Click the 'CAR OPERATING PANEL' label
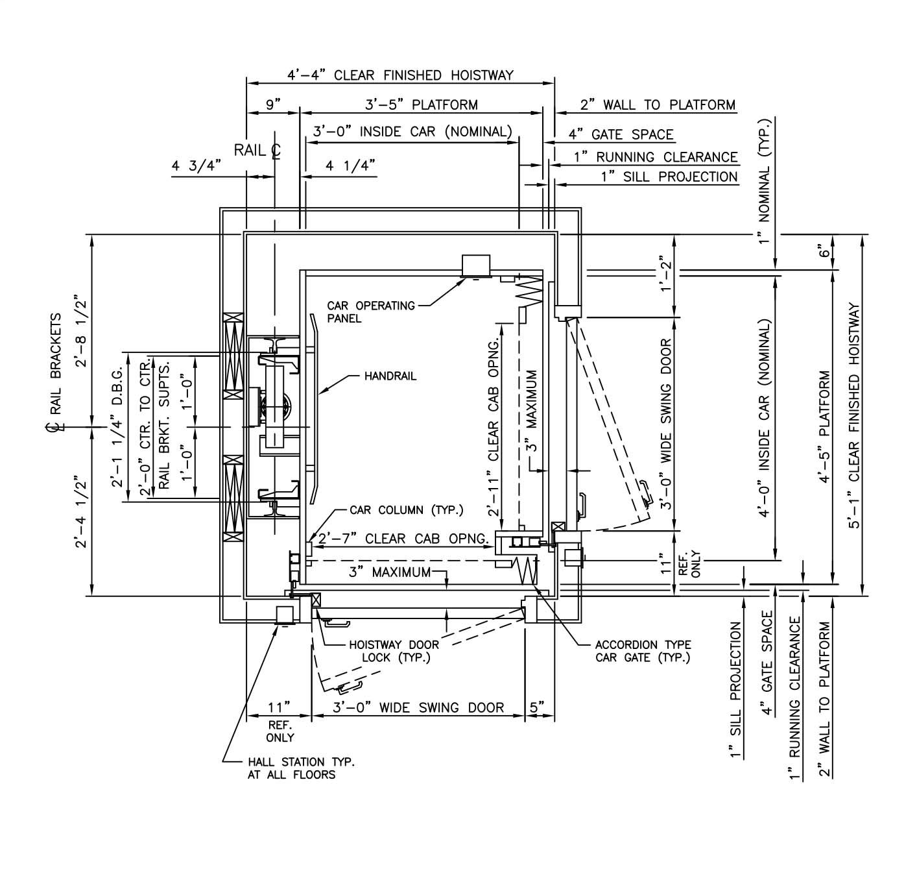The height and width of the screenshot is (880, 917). click(x=370, y=312)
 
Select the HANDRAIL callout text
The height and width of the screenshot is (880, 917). click(x=390, y=376)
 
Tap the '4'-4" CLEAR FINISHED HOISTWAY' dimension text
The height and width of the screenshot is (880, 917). click(x=400, y=75)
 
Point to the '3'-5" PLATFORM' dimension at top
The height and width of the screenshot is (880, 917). click(x=422, y=104)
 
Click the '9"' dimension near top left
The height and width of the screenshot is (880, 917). click(x=273, y=104)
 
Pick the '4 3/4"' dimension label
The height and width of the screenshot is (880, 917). click(x=196, y=165)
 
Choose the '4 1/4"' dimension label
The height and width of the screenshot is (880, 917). click(x=350, y=165)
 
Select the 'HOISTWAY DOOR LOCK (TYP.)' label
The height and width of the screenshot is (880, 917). click(x=394, y=651)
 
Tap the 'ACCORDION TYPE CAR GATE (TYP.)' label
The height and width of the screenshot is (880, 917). click(x=643, y=651)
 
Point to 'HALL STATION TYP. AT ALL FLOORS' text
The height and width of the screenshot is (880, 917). click(x=301, y=768)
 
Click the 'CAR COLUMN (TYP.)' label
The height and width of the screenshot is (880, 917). click(x=407, y=510)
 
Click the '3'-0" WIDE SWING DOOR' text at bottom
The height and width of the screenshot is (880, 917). click(x=418, y=707)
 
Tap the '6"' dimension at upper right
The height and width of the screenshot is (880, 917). click(x=824, y=251)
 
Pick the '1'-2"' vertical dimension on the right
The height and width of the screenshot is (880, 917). click(x=665, y=274)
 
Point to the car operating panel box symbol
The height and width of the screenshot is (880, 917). click(x=475, y=265)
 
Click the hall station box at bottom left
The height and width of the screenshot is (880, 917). click(x=286, y=615)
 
